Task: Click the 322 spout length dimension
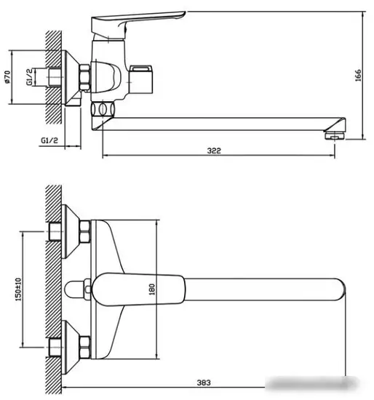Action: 213,151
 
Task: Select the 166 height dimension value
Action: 357,75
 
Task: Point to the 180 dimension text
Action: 151,289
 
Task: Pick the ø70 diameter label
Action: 7,76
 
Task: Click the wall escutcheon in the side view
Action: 73,76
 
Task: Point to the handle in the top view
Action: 141,289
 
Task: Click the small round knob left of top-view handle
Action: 75,289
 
